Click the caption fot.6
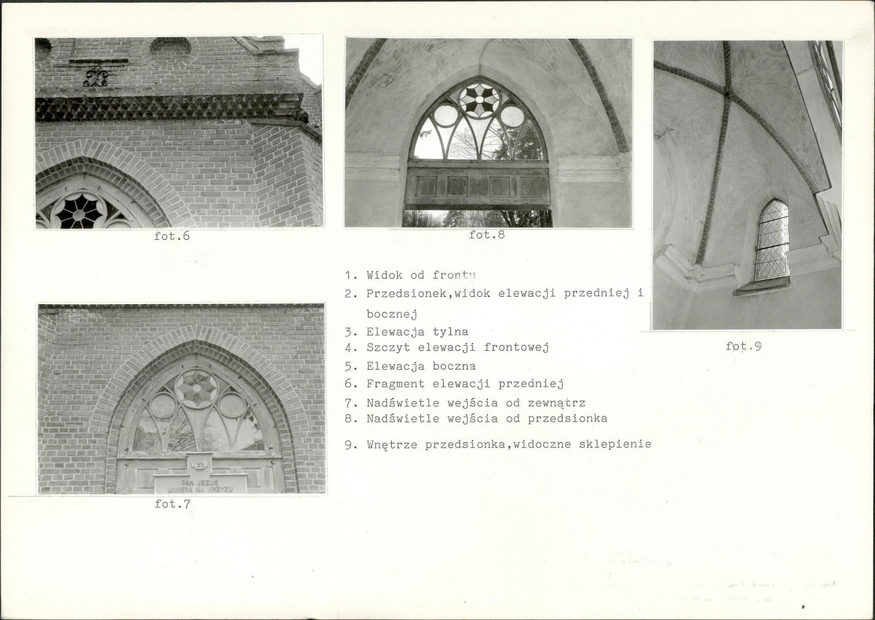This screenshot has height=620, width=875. tap(172, 236)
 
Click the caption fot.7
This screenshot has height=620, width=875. tap(172, 504)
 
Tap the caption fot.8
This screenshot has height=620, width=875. tap(487, 235)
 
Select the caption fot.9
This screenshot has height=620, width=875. tap(744, 346)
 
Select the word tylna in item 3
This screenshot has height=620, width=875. tap(450, 333)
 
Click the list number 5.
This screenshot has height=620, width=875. tap(350, 367)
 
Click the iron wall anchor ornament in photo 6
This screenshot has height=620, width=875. tap(96, 77)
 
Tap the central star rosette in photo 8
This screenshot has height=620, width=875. tap(479, 101)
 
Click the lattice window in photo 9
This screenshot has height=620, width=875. tap(772, 241)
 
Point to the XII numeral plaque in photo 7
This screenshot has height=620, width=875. tap(200, 464)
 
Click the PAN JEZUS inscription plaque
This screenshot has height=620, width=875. tap(201, 484)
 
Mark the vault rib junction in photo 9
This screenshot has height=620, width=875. tap(727, 93)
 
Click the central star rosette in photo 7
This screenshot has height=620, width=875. tap(196, 389)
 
